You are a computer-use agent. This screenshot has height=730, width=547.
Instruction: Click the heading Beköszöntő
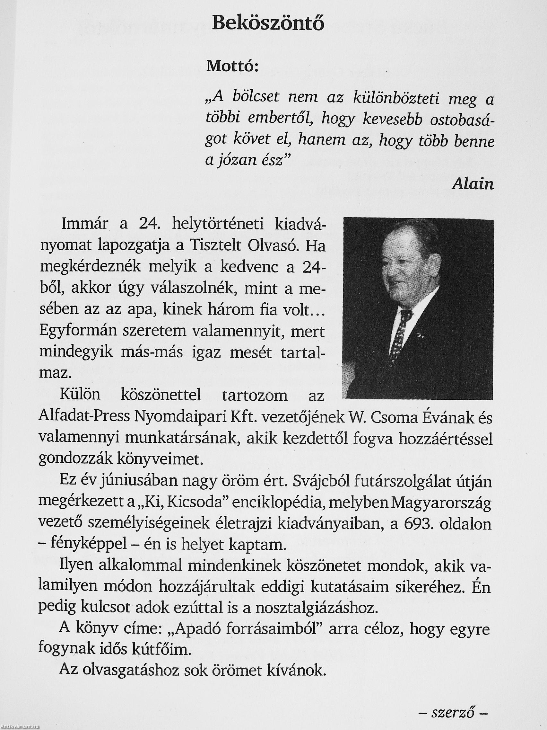(268, 24)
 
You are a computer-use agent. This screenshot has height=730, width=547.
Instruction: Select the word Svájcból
(319, 482)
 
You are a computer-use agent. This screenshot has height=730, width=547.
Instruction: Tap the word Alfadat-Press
(84, 418)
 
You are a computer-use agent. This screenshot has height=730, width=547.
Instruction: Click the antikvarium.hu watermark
(20, 727)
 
